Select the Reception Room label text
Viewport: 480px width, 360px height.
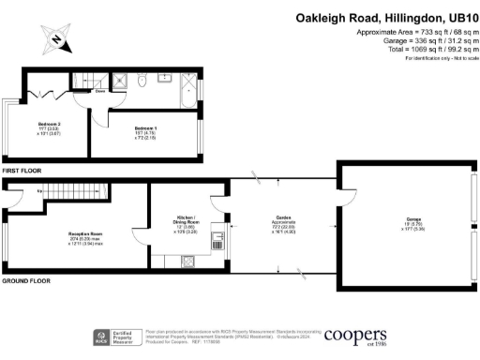[x=84, y=233]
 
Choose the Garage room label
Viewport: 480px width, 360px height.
[x=404, y=222]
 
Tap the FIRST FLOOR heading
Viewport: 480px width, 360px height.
[x=22, y=172]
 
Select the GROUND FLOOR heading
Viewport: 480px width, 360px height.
[x=25, y=280]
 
